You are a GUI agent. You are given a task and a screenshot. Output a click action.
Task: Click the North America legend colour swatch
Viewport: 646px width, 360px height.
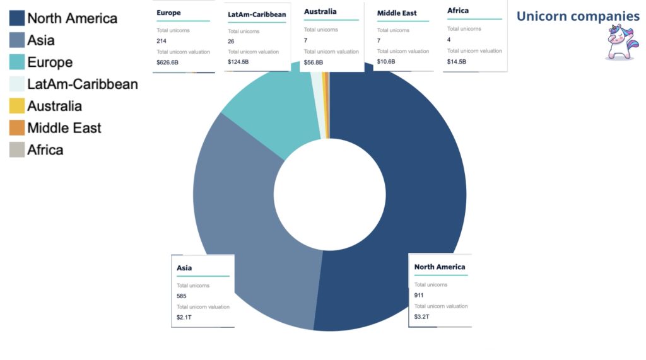(17, 18)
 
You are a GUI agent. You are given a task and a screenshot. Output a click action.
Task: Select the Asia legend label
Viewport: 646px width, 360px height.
(41, 40)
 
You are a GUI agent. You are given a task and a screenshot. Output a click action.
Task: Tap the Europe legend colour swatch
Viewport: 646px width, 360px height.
(17, 62)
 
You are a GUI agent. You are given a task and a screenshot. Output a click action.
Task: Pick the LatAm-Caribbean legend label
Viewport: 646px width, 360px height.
(82, 84)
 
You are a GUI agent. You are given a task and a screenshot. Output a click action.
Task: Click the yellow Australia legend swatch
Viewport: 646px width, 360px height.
(17, 106)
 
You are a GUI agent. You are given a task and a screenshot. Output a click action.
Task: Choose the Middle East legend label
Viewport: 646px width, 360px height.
(64, 128)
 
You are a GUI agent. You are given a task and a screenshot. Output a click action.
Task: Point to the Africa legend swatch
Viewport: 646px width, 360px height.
(17, 150)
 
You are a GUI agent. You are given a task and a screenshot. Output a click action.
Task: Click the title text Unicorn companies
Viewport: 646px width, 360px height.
(577, 16)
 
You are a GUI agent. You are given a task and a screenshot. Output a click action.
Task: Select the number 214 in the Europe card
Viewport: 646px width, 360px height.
(161, 41)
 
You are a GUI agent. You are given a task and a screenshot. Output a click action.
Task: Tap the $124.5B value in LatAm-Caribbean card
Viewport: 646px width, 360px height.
(238, 62)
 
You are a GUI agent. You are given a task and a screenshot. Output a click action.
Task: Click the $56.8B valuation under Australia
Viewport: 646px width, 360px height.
(313, 62)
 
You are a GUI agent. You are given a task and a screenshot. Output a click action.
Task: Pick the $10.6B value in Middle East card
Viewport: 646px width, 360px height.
(386, 62)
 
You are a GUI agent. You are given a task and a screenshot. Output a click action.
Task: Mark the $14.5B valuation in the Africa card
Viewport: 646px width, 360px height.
(457, 61)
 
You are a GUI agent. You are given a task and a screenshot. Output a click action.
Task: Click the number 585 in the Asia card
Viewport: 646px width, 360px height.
(182, 296)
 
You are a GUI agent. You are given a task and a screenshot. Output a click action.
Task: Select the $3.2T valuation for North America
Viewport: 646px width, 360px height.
(421, 316)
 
